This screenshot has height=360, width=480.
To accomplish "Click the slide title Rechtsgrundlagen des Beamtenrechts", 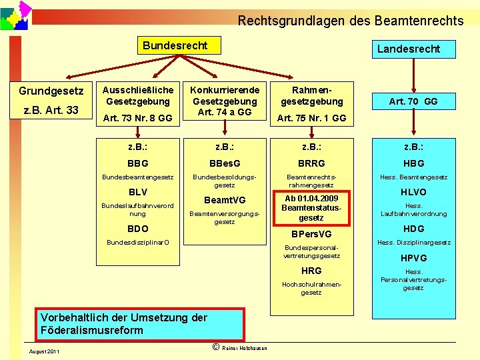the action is [x=351, y=21].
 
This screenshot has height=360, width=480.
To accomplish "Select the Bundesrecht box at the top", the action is [x=175, y=45].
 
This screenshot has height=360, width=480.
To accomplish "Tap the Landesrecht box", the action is [x=408, y=49].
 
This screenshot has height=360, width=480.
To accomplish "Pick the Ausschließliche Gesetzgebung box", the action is [x=137, y=103].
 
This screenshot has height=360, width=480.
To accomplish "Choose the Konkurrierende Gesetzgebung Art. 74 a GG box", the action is [x=225, y=101].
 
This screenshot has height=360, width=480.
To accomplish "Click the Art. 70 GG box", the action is [x=413, y=101].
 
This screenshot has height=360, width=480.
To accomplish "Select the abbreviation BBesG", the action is [x=225, y=163].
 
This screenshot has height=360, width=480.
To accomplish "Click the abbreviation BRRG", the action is [x=311, y=163].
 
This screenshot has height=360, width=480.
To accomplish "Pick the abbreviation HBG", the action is [x=413, y=163].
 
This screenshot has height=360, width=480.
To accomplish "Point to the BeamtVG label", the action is [x=225, y=200].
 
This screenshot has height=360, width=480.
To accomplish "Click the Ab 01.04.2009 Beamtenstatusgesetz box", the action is [x=311, y=208].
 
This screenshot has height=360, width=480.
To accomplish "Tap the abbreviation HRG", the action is [x=311, y=271].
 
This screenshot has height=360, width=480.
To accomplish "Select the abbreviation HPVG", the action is [x=413, y=258].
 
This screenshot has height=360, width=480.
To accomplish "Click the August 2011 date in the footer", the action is [x=44, y=351].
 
